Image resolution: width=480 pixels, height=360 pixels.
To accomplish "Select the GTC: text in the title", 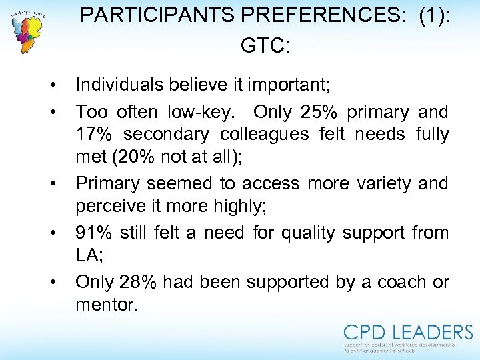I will point(265,45).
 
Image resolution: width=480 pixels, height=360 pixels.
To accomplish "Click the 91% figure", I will point(93,233).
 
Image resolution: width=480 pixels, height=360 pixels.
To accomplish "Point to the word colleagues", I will point(263,134).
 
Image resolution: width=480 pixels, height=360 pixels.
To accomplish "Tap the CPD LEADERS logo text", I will point(408,332).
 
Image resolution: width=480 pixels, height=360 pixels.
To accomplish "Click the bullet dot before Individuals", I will point(51,85).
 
